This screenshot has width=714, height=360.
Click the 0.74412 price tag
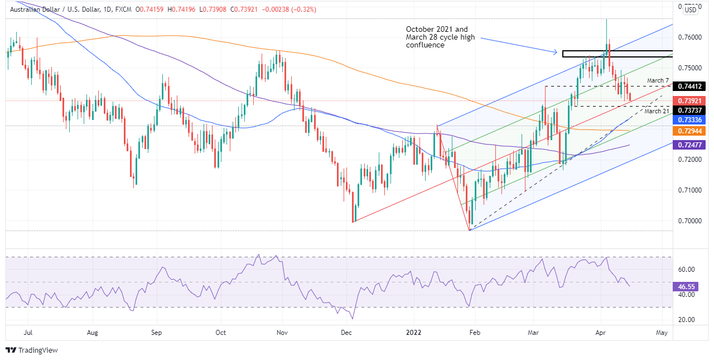pyautogui.click(x=690, y=86)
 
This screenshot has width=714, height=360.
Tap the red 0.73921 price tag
pyautogui.click(x=690, y=101)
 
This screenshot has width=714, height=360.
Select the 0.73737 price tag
pyautogui.click(x=690, y=111)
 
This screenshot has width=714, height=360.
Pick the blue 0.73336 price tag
pyautogui.click(x=690, y=120)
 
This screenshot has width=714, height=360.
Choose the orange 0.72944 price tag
pyautogui.click(x=690, y=131)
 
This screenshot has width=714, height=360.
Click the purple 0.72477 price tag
pyautogui.click(x=690, y=145)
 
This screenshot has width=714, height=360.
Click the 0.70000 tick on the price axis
pyautogui.click(x=689, y=221)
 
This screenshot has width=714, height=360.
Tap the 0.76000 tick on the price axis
pyautogui.click(x=689, y=37)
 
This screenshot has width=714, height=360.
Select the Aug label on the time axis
pyautogui.click(x=93, y=333)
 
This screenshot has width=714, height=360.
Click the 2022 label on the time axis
pyautogui.click(x=416, y=333)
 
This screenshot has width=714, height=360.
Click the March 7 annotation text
pyautogui.click(x=658, y=81)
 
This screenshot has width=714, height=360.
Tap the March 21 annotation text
pyautogui.click(x=656, y=111)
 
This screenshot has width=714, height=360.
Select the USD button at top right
pyautogui.click(x=691, y=9)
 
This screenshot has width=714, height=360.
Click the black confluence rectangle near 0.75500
pyautogui.click(x=617, y=54)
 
